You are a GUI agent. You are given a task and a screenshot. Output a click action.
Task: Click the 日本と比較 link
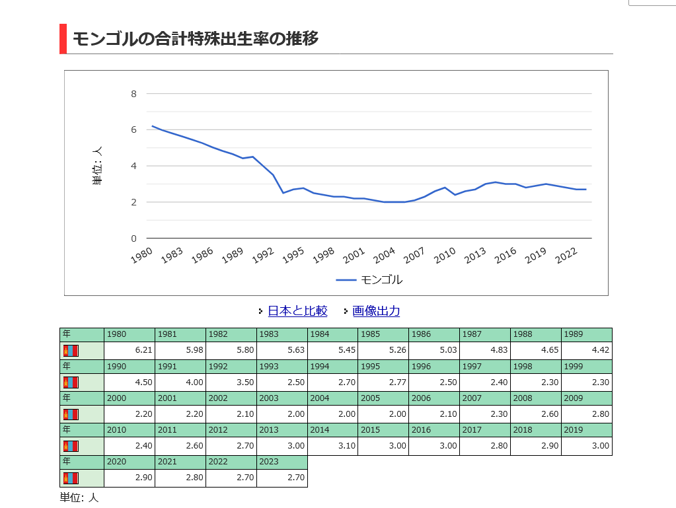[297, 311]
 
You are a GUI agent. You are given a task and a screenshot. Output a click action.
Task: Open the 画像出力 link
[376, 311]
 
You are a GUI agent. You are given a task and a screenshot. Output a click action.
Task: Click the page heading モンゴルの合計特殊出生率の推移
[196, 38]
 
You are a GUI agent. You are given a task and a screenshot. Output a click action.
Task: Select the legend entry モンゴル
[381, 279]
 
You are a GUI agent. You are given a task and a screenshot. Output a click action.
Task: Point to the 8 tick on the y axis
[133, 94]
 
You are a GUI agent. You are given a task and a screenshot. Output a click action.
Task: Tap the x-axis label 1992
[263, 256]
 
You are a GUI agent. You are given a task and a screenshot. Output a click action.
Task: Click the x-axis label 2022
[567, 256]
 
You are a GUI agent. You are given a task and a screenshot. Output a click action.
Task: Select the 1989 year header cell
[587, 334]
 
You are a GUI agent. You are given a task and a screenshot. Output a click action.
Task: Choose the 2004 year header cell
[332, 398]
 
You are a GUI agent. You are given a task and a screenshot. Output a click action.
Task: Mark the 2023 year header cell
[282, 462]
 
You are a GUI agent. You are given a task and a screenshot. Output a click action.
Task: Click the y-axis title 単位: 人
[98, 166]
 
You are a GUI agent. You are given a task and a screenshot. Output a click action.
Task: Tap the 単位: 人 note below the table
[79, 497]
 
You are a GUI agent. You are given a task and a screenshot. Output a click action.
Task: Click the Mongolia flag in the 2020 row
[71, 478]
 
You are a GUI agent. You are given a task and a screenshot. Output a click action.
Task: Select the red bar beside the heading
[63, 38]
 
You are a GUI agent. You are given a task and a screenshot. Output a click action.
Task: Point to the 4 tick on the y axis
[133, 166]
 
